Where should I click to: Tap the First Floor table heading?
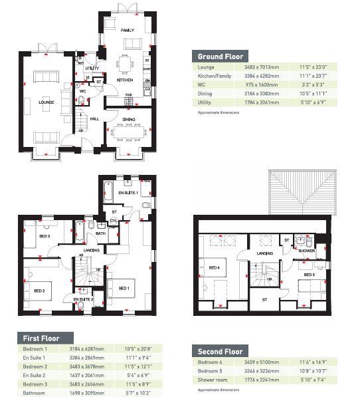[41, 337]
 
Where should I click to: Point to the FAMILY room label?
[127, 30]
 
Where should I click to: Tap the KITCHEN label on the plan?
[124, 80]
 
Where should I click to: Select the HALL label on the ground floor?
[94, 119]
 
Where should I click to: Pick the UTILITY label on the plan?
[92, 68]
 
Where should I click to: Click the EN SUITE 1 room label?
[128, 192]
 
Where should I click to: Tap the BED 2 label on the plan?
[39, 291]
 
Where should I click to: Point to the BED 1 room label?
[124, 288]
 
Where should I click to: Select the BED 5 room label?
[309, 274]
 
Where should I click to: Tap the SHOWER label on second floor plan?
[306, 251]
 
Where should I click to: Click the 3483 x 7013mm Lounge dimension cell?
[259, 67]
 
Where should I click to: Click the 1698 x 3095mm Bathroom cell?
[74, 392]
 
